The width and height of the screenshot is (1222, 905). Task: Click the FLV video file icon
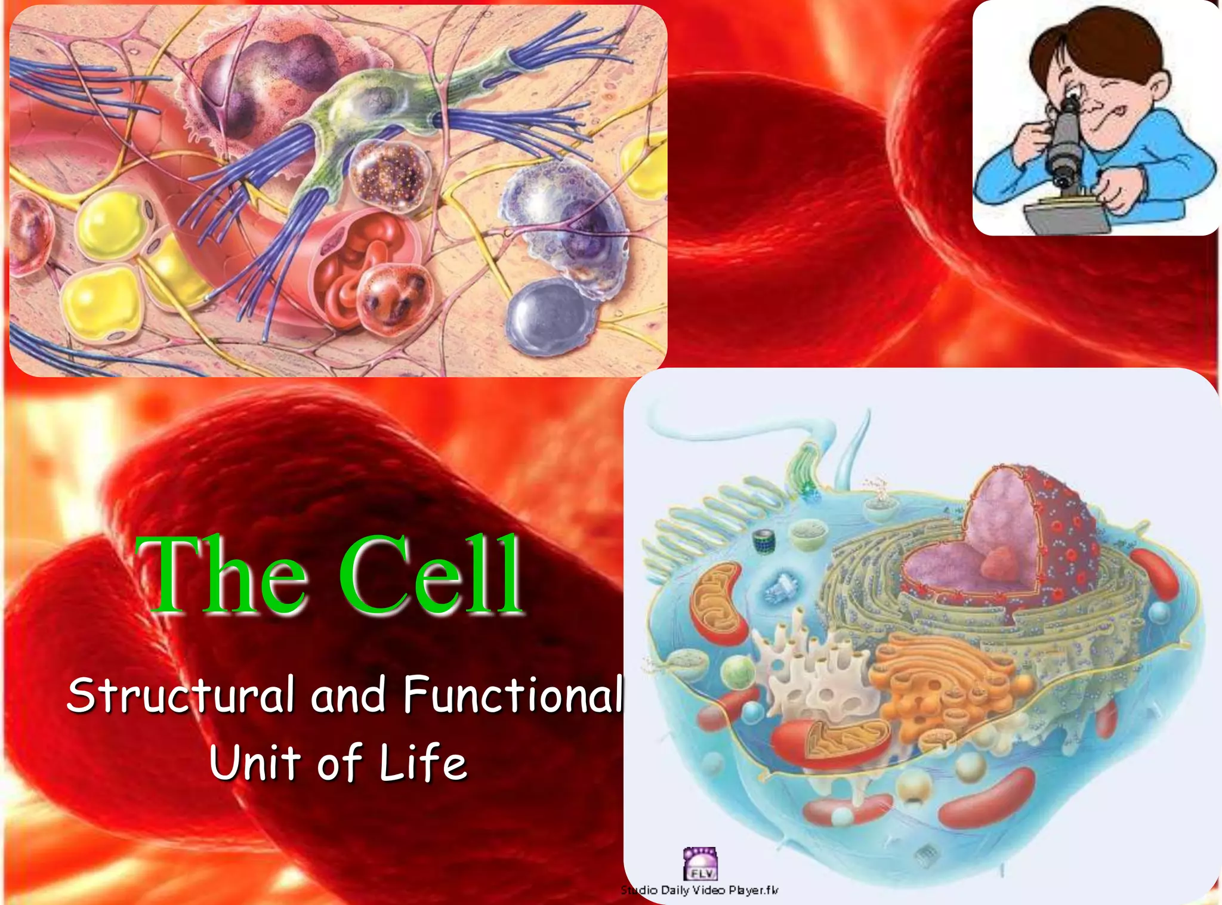[x=700, y=864]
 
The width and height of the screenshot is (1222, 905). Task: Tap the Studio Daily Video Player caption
[x=699, y=890]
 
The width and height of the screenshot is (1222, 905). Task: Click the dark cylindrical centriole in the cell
[x=763, y=540]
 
